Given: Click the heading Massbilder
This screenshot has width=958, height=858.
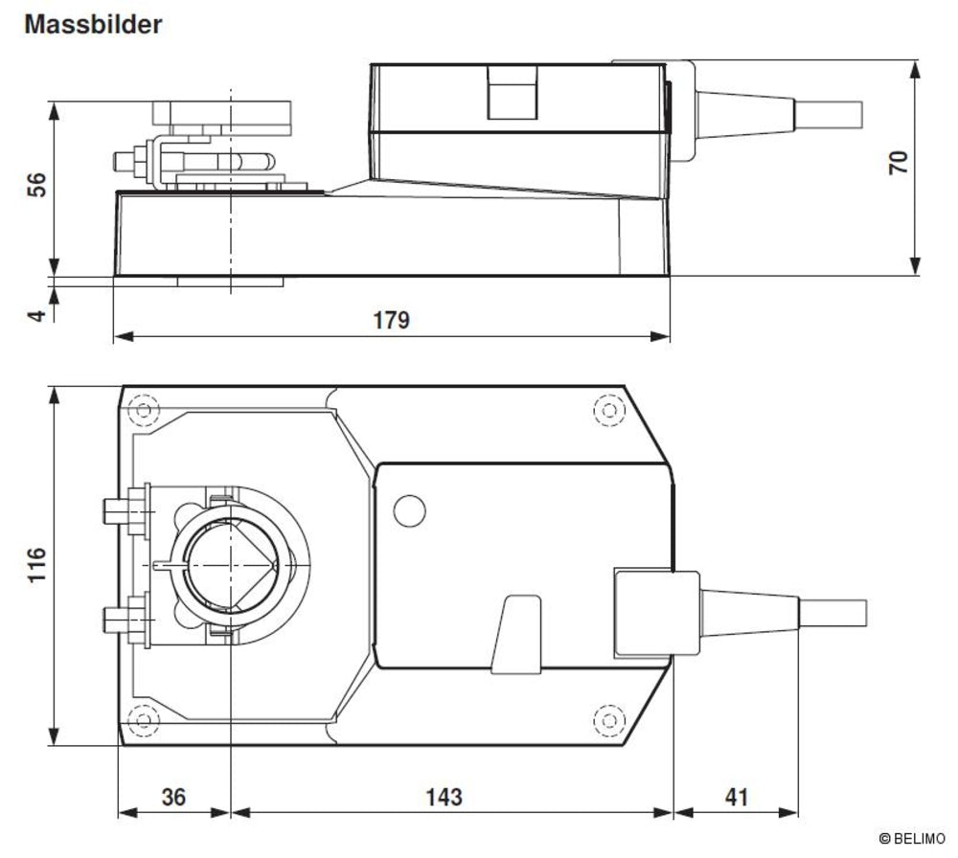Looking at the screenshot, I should [93, 24].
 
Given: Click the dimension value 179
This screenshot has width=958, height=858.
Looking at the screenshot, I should [391, 319].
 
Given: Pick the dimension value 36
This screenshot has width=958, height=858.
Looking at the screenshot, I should [173, 796].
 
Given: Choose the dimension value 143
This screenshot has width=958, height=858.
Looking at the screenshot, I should [443, 796].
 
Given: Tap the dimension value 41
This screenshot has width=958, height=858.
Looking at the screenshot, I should [736, 796].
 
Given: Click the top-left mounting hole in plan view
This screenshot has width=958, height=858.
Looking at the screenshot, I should [144, 412].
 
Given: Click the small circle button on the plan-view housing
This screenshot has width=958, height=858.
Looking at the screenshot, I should [409, 510].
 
